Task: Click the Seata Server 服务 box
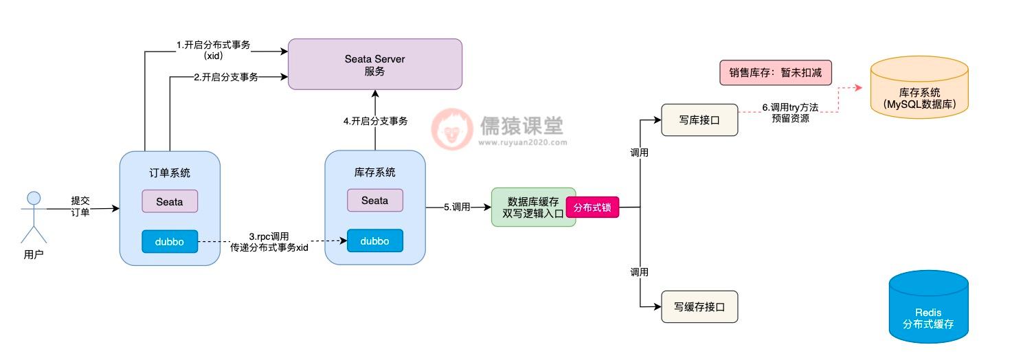(374, 64)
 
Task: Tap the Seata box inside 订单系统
(170, 201)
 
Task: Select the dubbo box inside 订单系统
(170, 241)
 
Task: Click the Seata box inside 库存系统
(374, 200)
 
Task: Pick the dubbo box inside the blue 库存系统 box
(374, 240)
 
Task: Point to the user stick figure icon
(34, 216)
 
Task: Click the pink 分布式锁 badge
(592, 206)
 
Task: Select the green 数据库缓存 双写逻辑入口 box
(534, 207)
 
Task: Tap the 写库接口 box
(699, 120)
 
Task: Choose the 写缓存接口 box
(699, 306)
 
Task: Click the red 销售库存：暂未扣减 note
(775, 72)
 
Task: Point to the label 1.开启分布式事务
(213, 45)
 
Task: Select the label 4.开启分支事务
(375, 121)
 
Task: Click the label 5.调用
(457, 206)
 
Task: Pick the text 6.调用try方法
(790, 108)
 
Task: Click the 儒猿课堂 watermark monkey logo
(451, 128)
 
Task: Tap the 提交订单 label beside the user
(80, 206)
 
